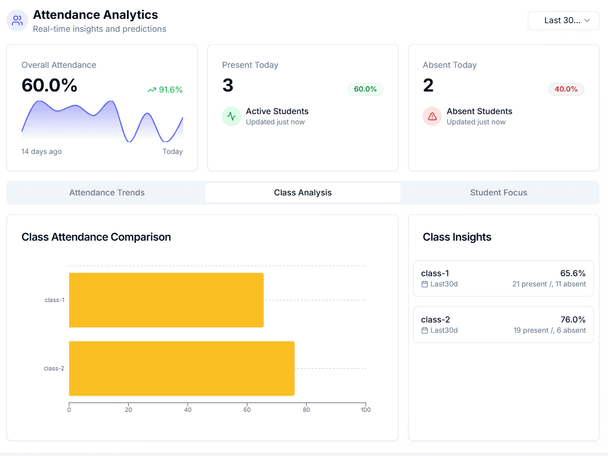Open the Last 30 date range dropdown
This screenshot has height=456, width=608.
[563, 20]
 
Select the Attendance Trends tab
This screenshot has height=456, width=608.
[107, 193]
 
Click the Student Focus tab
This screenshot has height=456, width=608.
[498, 193]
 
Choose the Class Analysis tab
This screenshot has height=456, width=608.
[303, 193]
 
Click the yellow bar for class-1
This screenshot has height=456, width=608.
[166, 300]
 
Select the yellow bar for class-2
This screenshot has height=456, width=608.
[181, 368]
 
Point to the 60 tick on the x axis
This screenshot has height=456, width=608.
[247, 410]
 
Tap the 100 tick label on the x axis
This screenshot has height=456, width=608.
[365, 410]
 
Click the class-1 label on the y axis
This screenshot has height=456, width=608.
[54, 300]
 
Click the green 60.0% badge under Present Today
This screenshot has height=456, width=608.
[365, 89]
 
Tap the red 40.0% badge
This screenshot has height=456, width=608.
[566, 89]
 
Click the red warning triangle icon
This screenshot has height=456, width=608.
[432, 116]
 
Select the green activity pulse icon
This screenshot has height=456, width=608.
[232, 116]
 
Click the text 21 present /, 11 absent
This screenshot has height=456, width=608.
[549, 284]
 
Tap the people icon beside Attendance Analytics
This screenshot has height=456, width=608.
[17, 20]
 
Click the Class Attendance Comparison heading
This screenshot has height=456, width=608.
[96, 237]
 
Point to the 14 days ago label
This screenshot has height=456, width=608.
[41, 152]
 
